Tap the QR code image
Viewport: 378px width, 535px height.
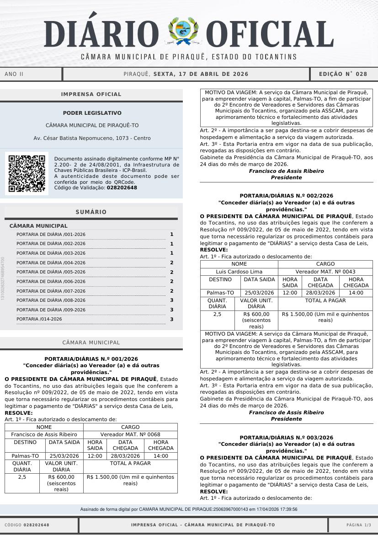tap(27, 174)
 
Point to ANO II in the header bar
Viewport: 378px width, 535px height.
tap(14, 74)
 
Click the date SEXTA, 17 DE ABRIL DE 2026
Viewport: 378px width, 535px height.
tap(201, 74)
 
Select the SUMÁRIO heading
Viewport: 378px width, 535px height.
tap(91, 212)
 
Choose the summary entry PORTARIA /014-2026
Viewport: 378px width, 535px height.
tap(39, 319)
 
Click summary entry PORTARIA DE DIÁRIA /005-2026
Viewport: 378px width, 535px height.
tap(51, 272)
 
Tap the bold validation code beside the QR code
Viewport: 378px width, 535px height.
tap(122, 187)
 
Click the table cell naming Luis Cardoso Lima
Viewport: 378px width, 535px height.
tap(239, 272)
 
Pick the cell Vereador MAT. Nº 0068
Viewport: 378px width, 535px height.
tap(130, 434)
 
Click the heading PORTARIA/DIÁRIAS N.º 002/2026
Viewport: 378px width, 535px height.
tap(286, 196)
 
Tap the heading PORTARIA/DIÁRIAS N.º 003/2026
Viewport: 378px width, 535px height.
tap(286, 438)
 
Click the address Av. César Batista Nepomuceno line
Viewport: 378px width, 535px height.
tap(92, 138)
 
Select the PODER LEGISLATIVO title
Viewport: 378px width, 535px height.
tap(92, 113)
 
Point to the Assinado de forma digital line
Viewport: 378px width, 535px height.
tap(189, 509)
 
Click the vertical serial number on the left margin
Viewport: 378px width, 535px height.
tap(3, 278)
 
